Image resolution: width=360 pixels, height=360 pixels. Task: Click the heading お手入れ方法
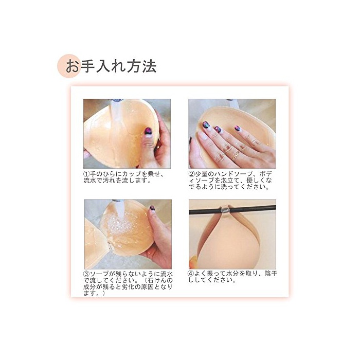(111, 66)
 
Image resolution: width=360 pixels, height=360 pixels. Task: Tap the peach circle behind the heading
(69, 66)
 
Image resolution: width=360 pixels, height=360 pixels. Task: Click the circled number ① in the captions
(86, 174)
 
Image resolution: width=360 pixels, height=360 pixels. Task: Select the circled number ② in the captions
(192, 174)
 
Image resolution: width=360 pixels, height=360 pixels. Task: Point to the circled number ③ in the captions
(86, 274)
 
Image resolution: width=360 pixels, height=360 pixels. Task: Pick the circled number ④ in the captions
(192, 274)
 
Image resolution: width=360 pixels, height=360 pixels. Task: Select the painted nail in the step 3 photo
(152, 208)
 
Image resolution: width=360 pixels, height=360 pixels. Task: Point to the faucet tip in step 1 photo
(117, 100)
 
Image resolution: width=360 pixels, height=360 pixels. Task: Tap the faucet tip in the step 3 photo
(118, 201)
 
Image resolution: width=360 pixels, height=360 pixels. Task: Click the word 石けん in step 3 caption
(157, 281)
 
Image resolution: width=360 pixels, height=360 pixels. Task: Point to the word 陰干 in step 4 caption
(271, 274)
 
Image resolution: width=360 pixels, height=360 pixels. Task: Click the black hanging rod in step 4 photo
(232, 210)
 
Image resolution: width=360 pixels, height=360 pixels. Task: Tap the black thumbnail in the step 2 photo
(191, 140)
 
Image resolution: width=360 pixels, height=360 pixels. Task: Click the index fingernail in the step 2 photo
(206, 125)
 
